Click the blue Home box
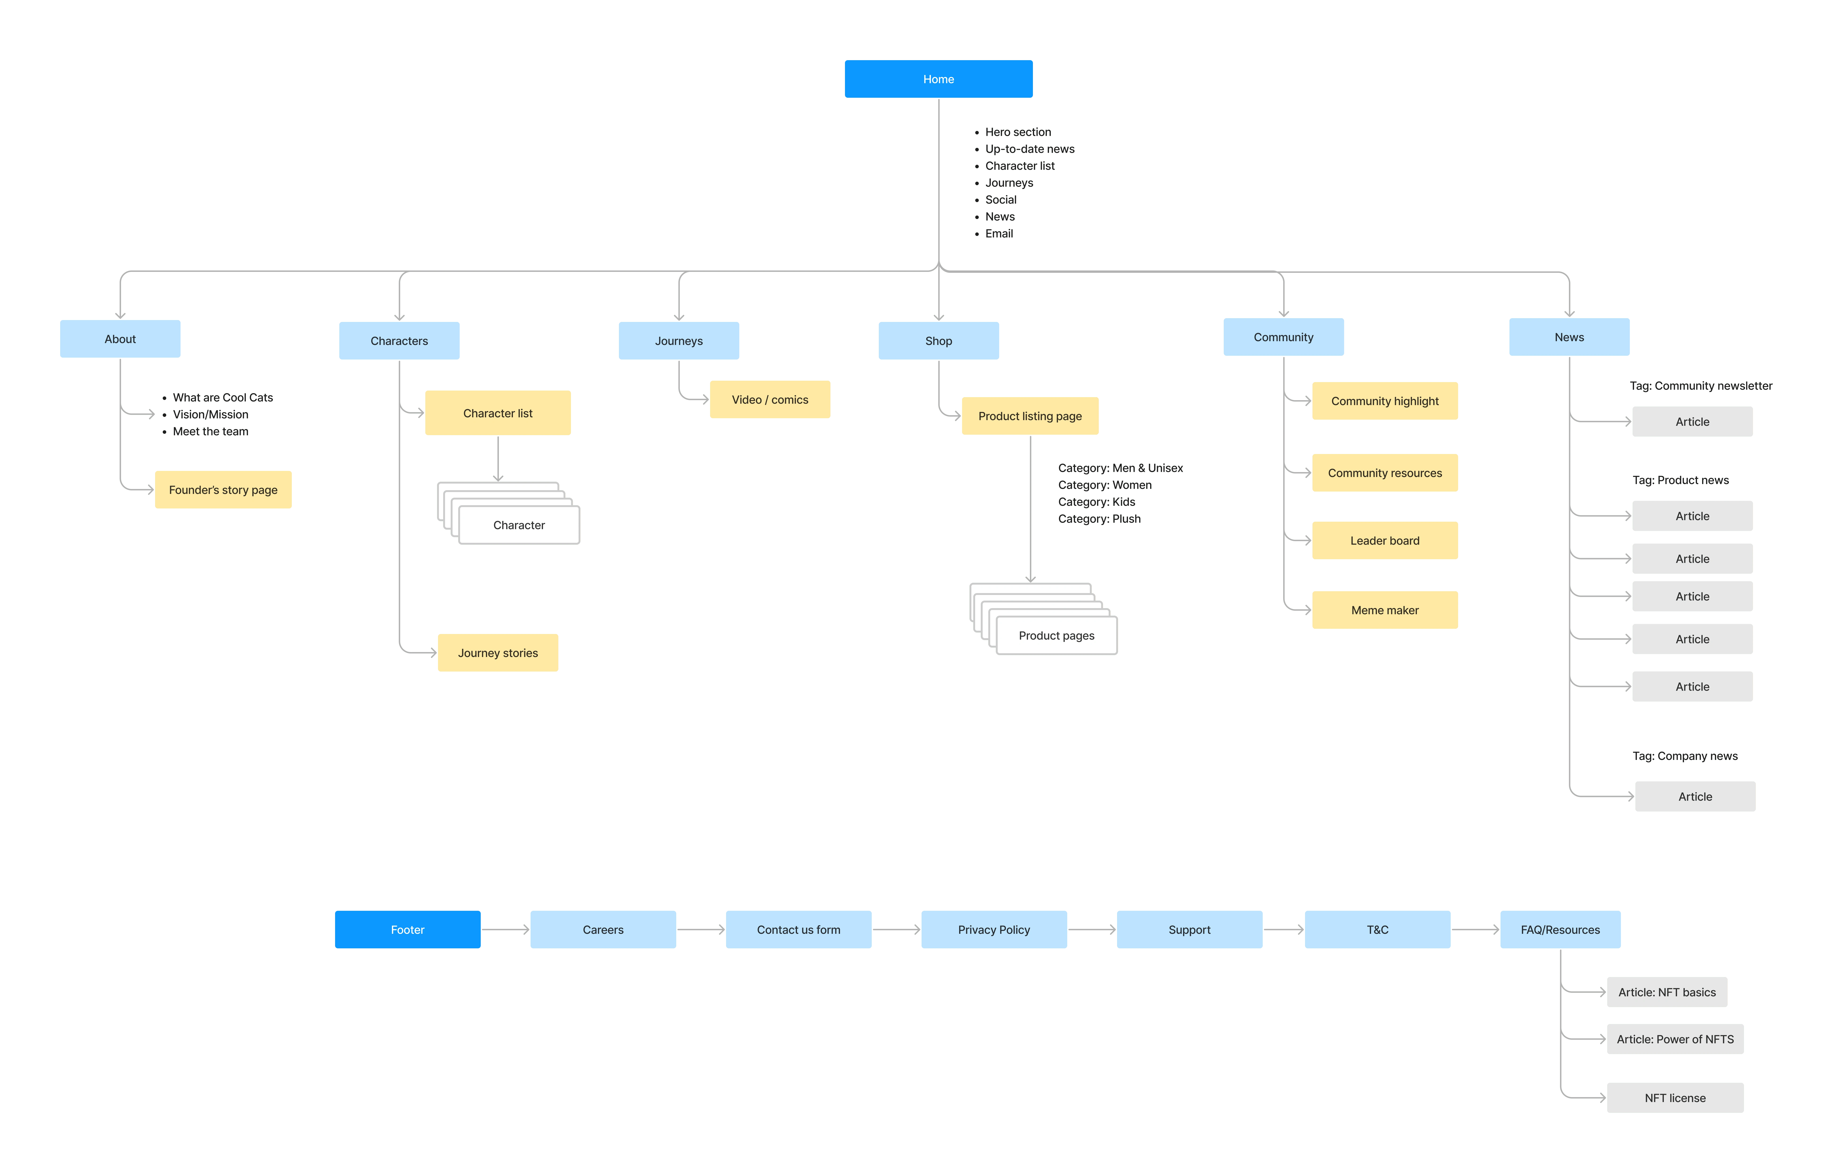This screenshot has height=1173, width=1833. coord(938,79)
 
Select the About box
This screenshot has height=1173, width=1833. coord(120,339)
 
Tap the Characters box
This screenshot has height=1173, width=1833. coord(399,340)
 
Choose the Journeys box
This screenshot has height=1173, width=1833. coord(679,340)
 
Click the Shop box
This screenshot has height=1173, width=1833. coord(938,340)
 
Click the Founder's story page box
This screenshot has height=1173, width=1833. coord(223,490)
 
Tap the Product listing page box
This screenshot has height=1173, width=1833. coord(1030,416)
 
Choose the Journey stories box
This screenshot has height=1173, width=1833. coord(498,653)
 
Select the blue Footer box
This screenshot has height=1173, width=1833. coord(407,929)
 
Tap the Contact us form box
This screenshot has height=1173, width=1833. coord(798,929)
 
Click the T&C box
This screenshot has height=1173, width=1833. coord(1377,929)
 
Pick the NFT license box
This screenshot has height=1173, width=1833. coord(1675,1098)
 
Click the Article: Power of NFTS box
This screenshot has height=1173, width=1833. coord(1675,1039)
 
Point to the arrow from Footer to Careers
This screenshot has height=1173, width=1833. coord(505,929)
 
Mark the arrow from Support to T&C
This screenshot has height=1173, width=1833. coord(1283,929)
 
